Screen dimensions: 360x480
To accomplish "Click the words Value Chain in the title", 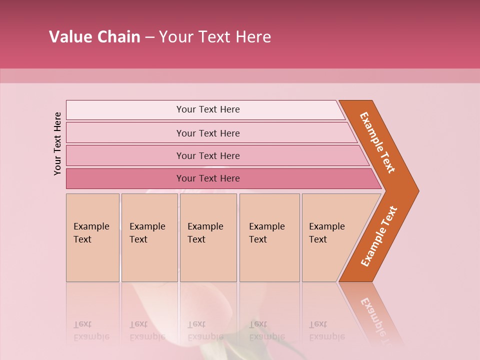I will pos(94,37).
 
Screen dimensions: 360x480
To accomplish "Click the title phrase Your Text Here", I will pos(215,37).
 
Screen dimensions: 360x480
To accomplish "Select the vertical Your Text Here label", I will pos(58,143).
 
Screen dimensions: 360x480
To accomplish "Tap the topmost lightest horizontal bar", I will pos(207,109).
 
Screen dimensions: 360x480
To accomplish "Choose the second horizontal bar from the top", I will pos(207,133).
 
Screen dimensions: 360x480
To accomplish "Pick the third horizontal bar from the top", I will pos(207,155).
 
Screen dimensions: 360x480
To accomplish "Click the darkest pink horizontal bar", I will pos(207,178).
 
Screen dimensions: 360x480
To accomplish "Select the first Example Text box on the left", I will pos(92,237).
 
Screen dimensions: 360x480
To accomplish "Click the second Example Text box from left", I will pos(149,237).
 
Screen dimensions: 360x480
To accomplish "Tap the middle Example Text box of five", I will pos(208,237).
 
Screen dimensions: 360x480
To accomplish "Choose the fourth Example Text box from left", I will pos(269,237).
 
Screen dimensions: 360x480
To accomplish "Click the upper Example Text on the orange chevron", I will pos(377,142).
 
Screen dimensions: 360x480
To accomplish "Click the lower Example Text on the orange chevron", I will pos(379,236).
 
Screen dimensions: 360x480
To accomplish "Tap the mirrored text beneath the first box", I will pos(91,330).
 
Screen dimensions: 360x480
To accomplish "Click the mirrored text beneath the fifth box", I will pos(326,330).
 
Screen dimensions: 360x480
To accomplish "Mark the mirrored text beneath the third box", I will pos(205,330).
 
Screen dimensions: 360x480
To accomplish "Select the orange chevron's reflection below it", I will pos(375,315).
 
